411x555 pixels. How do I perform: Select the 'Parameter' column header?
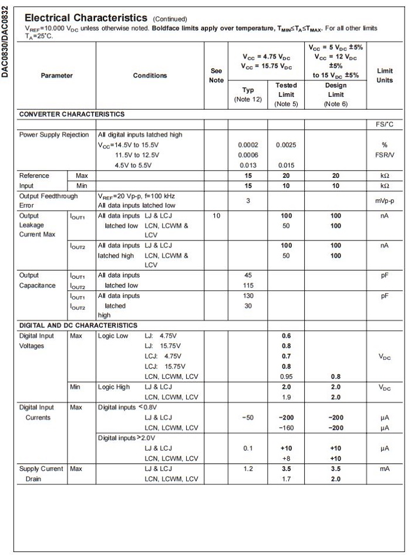pyautogui.click(x=57, y=75)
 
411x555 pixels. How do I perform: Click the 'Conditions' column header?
pyautogui.click(x=150, y=75)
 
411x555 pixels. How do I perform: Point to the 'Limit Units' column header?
pyautogui.click(x=385, y=75)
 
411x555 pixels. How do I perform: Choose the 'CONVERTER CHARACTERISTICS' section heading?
pyautogui.click(x=72, y=114)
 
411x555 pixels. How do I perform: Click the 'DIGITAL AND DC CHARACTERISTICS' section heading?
pyautogui.click(x=78, y=325)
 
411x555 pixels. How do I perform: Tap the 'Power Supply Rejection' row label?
pyautogui.click(x=54, y=134)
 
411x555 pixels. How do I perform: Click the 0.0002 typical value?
pyautogui.click(x=248, y=145)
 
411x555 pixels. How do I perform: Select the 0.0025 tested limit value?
pyautogui.click(x=286, y=145)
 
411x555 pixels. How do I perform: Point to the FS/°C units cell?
pyautogui.click(x=385, y=124)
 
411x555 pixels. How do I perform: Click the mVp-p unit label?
pyautogui.click(x=385, y=201)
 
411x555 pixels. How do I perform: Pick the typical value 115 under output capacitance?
pyautogui.click(x=248, y=285)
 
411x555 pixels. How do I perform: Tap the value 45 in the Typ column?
pyautogui.click(x=248, y=275)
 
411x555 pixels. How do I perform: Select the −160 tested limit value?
pyautogui.click(x=286, y=428)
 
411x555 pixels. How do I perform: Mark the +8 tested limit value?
pyautogui.click(x=286, y=458)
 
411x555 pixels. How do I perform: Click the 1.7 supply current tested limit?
pyautogui.click(x=286, y=479)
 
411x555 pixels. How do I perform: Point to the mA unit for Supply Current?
pyautogui.click(x=385, y=469)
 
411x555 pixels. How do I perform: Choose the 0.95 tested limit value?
pyautogui.click(x=286, y=377)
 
